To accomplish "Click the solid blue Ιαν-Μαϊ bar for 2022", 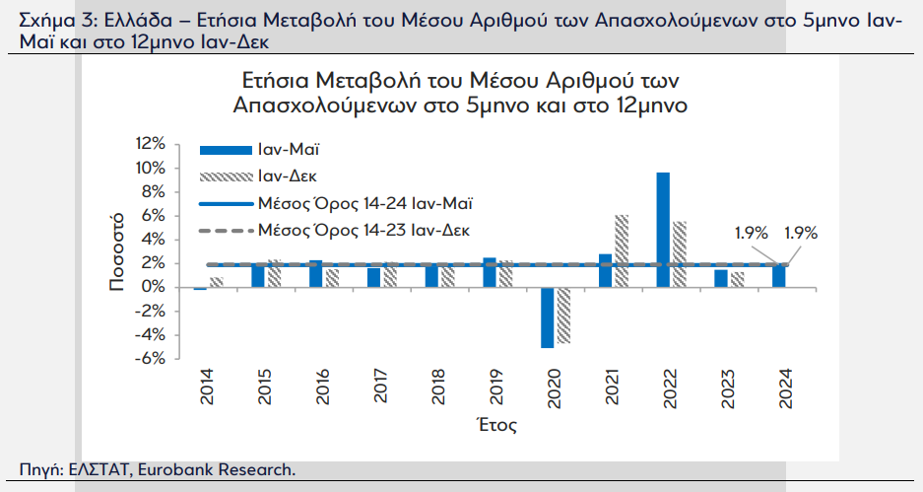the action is pos(663,230).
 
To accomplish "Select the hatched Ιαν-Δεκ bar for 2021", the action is pos(622,251).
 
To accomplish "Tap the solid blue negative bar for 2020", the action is pos(548,317).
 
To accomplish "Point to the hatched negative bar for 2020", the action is pos(563,316).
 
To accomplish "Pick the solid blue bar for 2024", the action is pos(779,276).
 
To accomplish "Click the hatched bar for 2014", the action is pos(217,282).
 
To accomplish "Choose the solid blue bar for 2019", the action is pos(490,272).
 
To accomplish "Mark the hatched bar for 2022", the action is pos(680,254).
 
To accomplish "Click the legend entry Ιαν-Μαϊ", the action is pos(260,150).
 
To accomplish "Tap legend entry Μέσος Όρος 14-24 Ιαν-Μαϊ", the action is pos(336,203).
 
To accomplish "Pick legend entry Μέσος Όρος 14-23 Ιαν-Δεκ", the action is pos(335,230).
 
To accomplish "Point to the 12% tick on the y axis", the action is pos(151,144).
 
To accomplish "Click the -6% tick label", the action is pos(150,359).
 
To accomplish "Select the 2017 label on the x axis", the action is pos(381,387).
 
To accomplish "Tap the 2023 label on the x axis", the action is pos(728,388).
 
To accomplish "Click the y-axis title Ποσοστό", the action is pos(116,251).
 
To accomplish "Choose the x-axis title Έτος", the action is pos(497,425).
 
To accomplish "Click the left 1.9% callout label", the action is pos(752,234).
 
